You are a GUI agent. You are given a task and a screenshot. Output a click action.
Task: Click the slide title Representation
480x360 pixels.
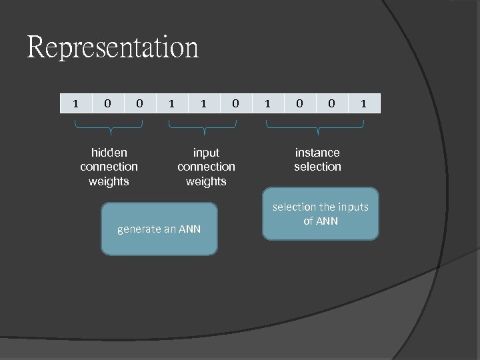(x=113, y=48)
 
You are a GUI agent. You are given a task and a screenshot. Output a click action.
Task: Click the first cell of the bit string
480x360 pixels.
(x=75, y=103)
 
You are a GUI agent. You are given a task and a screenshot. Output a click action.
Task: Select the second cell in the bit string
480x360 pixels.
(x=107, y=103)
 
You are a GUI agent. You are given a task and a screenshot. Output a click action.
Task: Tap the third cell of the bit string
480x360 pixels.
(x=139, y=103)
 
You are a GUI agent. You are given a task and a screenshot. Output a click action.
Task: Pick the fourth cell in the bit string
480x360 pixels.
(x=171, y=103)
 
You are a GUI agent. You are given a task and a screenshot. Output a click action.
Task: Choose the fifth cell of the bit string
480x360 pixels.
(x=203, y=103)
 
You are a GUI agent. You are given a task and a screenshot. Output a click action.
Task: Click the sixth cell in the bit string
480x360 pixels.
(x=235, y=103)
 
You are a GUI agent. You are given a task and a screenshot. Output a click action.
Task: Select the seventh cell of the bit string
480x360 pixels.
(x=267, y=103)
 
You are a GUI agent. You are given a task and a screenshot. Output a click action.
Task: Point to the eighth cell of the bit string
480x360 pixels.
(x=299, y=103)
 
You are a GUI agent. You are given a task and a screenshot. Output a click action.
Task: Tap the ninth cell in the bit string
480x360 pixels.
(x=331, y=103)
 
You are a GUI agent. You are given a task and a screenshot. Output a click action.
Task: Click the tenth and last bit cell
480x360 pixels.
(x=363, y=103)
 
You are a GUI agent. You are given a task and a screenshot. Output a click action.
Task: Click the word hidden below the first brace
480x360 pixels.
(x=109, y=153)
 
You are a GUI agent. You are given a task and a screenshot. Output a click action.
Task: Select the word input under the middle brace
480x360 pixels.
(x=206, y=153)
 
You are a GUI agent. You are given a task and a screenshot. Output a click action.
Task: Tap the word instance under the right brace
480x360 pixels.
(x=317, y=153)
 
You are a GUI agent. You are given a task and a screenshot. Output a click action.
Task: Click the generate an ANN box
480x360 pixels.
(x=159, y=229)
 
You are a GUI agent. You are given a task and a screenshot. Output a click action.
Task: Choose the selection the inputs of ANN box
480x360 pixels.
(x=320, y=214)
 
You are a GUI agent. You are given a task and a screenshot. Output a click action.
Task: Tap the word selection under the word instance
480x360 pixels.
(x=317, y=167)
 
